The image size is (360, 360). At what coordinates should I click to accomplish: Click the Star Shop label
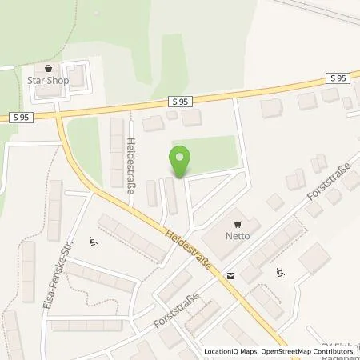click(49, 80)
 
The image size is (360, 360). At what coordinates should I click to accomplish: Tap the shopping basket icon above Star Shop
click(49, 69)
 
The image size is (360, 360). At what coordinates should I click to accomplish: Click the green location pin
click(181, 162)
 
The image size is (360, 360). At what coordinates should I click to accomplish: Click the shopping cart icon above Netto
click(237, 225)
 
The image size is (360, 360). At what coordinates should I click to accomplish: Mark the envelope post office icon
click(231, 274)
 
